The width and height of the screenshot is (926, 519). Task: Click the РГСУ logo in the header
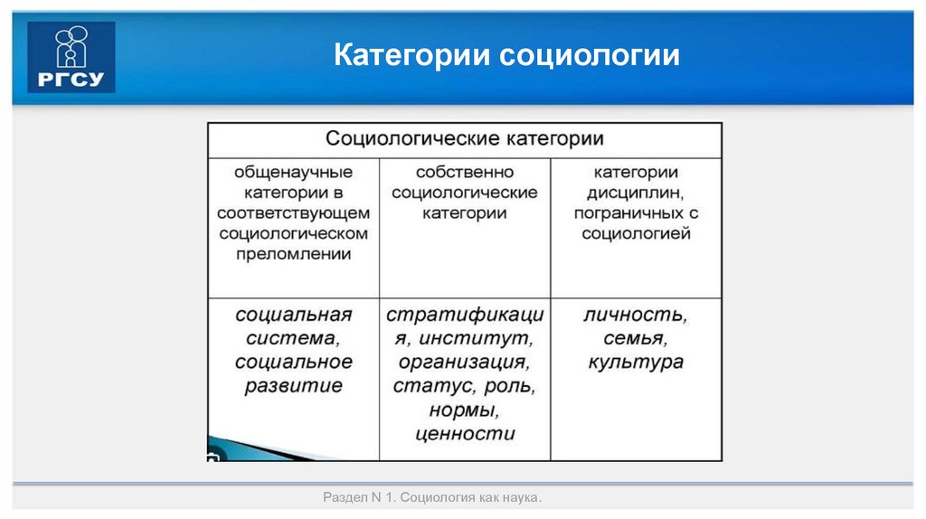click(71, 57)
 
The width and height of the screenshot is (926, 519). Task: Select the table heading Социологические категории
click(464, 139)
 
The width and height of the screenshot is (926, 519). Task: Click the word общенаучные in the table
click(293, 172)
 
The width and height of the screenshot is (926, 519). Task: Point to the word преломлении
click(293, 254)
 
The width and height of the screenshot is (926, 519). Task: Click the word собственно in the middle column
click(464, 172)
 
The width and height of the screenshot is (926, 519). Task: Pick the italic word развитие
click(293, 386)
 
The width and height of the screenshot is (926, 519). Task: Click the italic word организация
click(464, 363)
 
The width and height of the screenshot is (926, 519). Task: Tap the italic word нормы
click(464, 410)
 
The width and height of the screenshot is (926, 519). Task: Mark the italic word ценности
click(464, 433)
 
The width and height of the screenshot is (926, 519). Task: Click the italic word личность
click(635, 316)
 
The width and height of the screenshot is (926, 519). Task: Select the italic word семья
click(635, 339)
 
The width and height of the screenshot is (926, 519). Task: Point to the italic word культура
click(635, 363)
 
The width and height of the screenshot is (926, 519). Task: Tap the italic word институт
click(485, 339)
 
